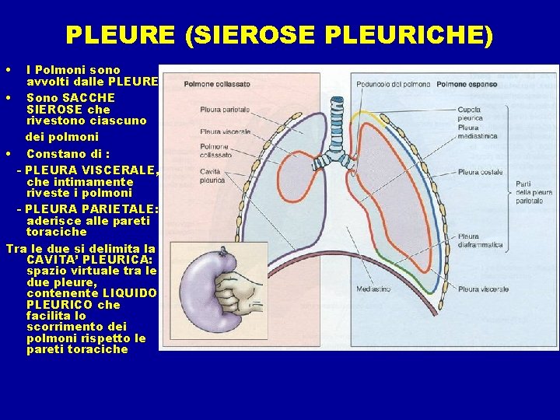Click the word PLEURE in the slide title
119,35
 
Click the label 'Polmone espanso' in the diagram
467,84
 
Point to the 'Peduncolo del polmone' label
393,84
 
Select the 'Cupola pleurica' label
470,114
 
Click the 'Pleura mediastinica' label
478,131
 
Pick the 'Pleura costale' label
480,172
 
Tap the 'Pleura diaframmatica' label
480,241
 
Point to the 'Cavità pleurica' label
212,176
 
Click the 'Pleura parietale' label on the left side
223,110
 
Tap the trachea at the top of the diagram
337,117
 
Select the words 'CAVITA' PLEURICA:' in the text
89,259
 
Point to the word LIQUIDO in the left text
131,293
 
